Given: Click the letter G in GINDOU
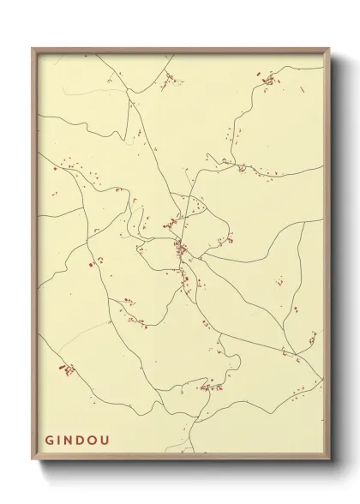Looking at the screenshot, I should [50, 442].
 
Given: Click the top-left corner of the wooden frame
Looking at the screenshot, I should [33, 48].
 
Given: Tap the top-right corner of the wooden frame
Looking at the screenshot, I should [328, 48].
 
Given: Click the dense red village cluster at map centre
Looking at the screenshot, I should [181, 249].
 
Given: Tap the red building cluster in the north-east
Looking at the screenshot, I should [269, 81].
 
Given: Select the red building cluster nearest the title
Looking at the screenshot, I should [65, 369].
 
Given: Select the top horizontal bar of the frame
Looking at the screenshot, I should [181, 50].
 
